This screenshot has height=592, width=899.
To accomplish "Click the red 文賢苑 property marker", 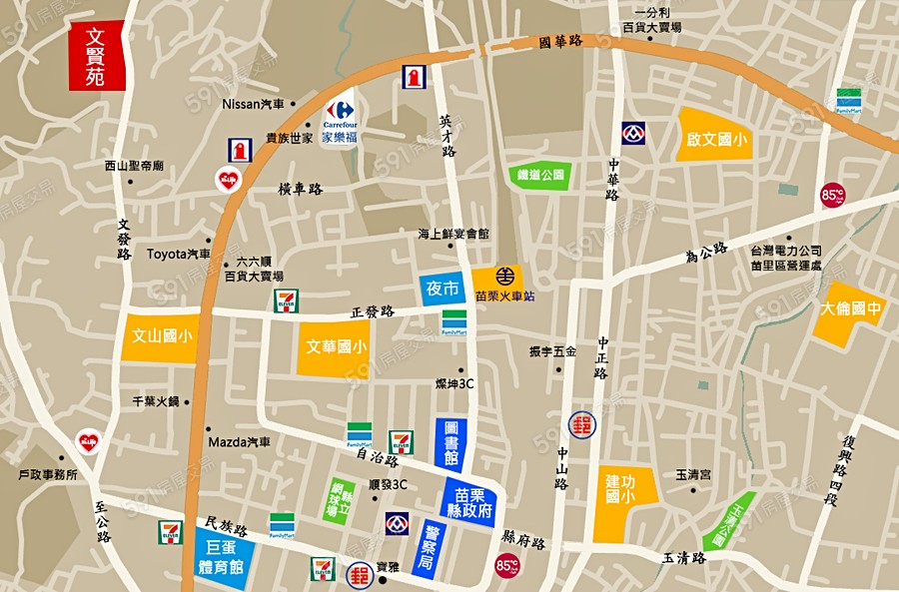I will (x=96, y=56).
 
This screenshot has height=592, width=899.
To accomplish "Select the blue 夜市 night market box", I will (x=443, y=289).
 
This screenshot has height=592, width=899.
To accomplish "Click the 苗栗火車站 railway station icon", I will (x=496, y=281).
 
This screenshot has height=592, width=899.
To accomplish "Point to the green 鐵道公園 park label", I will (x=540, y=175).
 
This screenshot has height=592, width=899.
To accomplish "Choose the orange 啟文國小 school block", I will (x=716, y=141).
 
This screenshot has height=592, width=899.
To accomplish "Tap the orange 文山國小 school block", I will (x=161, y=337).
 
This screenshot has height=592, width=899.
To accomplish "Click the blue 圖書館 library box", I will (x=450, y=442).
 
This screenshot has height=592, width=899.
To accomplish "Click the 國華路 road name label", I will (x=559, y=43).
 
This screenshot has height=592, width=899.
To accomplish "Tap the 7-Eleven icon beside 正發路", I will (x=287, y=298).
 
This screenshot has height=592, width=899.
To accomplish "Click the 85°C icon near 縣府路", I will (x=507, y=566).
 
